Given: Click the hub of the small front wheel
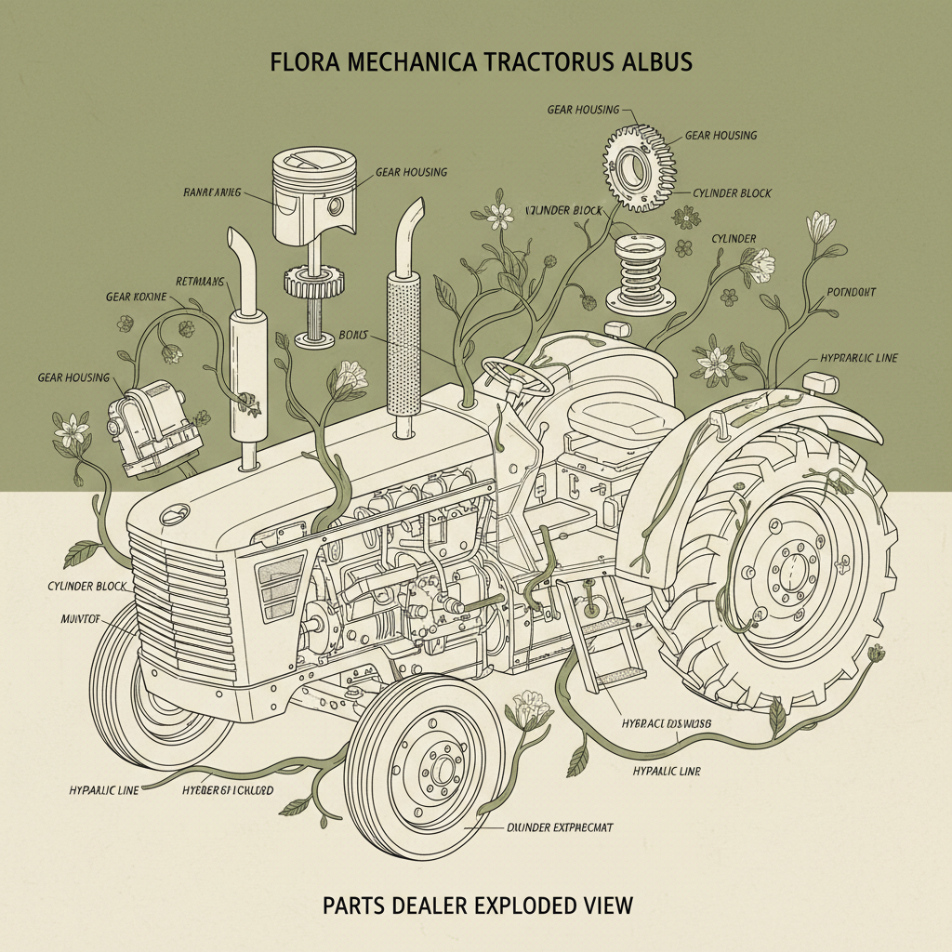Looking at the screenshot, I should pos(438,766).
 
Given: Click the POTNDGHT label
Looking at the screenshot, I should pos(851,292).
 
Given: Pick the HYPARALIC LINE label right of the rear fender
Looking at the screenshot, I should pos(858,358).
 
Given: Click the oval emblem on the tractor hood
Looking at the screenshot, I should pos(175,514).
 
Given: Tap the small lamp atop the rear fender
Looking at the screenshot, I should pos(820,382).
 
